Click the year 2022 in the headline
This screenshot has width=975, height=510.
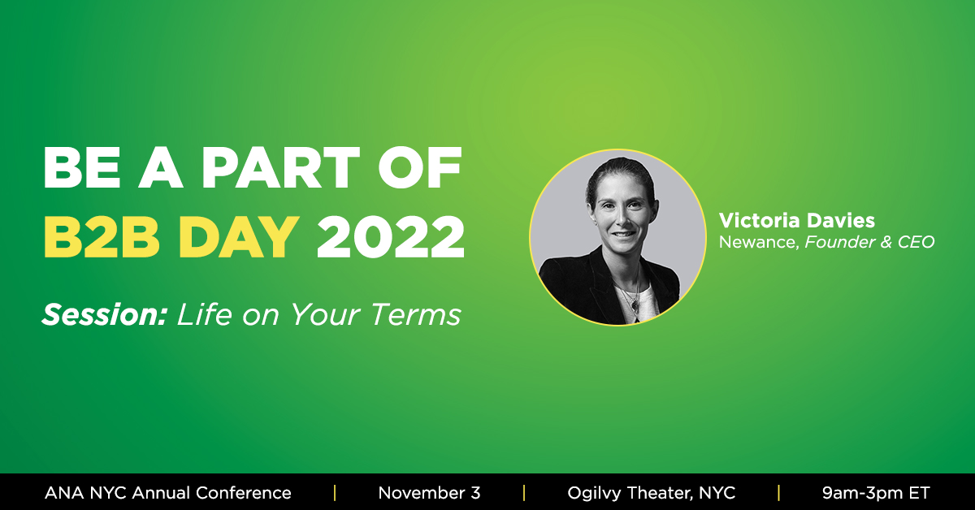click(391, 237)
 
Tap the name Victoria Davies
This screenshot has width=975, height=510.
click(796, 222)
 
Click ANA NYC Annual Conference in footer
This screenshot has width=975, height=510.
click(168, 492)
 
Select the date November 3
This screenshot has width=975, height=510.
click(429, 492)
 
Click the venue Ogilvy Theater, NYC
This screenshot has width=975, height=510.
click(651, 492)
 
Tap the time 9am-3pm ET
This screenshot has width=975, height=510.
click(875, 492)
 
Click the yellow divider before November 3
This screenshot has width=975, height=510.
click(334, 492)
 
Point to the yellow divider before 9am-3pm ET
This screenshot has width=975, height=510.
click(778, 492)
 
